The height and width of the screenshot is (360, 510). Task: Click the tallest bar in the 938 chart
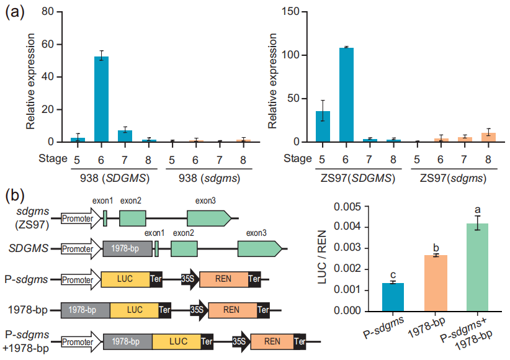[101, 99]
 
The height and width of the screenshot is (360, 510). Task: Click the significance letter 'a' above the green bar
[478, 210]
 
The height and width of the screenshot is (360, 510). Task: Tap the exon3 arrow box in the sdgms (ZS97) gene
[208, 218]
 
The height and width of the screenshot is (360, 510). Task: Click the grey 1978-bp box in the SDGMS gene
[127, 250]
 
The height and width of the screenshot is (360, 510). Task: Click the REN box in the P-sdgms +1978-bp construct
[271, 341]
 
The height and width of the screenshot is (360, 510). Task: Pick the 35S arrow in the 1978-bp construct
[199, 308]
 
